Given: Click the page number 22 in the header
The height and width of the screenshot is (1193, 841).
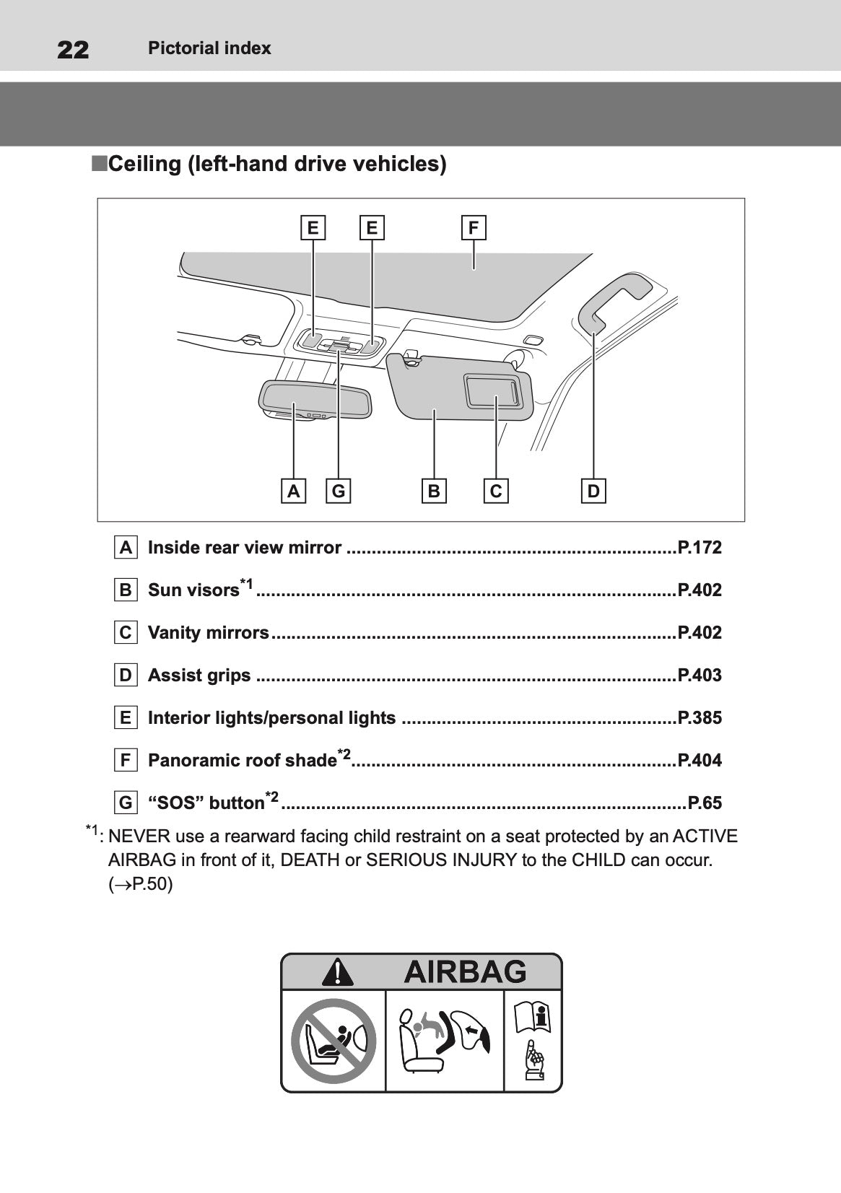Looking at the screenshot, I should [x=73, y=50].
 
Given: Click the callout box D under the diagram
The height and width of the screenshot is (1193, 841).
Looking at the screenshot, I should [x=593, y=491].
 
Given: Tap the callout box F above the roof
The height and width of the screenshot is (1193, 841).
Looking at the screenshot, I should [x=474, y=228].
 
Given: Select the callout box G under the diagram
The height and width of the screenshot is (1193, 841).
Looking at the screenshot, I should [x=339, y=491].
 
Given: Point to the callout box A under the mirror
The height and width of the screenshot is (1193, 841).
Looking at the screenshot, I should [x=293, y=491].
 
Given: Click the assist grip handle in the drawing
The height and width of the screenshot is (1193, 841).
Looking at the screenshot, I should [x=614, y=297].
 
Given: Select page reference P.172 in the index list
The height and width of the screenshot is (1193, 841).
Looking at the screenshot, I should [x=699, y=548].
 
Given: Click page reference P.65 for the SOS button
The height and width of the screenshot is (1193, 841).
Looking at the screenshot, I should [x=705, y=803].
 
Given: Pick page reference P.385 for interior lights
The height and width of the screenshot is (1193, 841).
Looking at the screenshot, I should [x=699, y=718].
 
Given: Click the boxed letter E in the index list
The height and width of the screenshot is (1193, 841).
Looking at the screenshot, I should [x=126, y=718].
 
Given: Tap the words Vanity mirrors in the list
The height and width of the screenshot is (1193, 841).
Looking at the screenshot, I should [x=208, y=633].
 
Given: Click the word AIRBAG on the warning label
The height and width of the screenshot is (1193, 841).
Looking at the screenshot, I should [x=465, y=971].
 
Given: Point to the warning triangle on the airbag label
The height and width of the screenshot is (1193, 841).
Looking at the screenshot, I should [x=337, y=972].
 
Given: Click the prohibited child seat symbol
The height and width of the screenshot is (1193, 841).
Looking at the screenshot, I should [x=334, y=1040].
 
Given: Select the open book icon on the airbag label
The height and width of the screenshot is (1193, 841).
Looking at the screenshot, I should [x=532, y=1018].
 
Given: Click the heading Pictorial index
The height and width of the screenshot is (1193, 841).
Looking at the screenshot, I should [x=209, y=48].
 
